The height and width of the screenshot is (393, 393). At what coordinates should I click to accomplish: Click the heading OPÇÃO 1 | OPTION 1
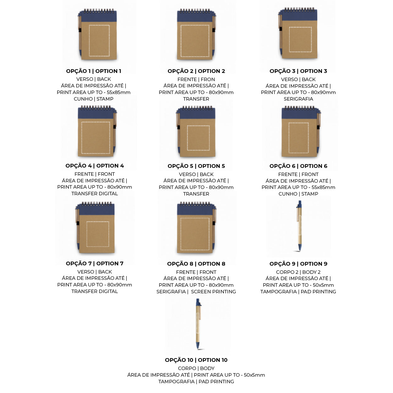pyautogui.click(x=94, y=71)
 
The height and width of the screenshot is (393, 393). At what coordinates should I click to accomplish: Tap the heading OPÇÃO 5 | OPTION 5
pyautogui.click(x=196, y=166)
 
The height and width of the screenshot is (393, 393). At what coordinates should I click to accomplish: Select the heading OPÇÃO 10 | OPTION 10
pyautogui.click(x=196, y=360)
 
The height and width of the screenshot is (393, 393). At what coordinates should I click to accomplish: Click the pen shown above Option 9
pyautogui.click(x=299, y=226)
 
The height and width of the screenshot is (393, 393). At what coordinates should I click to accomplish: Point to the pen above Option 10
pyautogui.click(x=198, y=324)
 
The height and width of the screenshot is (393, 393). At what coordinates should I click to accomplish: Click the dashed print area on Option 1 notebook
pyautogui.click(x=99, y=25)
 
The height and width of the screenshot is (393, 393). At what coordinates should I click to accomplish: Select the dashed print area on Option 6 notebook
pyautogui.click(x=299, y=123)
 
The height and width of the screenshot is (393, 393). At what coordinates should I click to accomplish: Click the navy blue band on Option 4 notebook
pyautogui.click(x=96, y=113)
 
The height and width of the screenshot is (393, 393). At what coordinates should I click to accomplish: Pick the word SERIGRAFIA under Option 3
pyautogui.click(x=298, y=99)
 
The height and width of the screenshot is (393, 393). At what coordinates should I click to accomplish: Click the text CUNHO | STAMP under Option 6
pyautogui.click(x=298, y=194)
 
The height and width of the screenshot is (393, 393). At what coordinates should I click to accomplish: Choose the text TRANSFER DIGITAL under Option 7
pyautogui.click(x=95, y=291)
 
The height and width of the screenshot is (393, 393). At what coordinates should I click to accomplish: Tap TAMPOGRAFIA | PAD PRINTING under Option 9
pyautogui.click(x=298, y=292)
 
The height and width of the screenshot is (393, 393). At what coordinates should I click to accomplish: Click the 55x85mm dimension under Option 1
pyautogui.click(x=119, y=92)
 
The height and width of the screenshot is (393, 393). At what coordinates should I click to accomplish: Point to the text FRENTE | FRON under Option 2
pyautogui.click(x=196, y=79)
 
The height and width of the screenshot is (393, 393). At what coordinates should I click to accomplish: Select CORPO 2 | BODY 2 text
pyautogui.click(x=298, y=272)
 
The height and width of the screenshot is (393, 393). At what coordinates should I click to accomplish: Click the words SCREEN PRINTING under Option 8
pyautogui.click(x=213, y=292)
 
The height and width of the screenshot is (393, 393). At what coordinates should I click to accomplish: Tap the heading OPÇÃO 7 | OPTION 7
pyautogui.click(x=95, y=263)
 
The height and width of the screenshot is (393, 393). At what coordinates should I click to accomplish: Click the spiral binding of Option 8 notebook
pyautogui.click(x=195, y=203)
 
